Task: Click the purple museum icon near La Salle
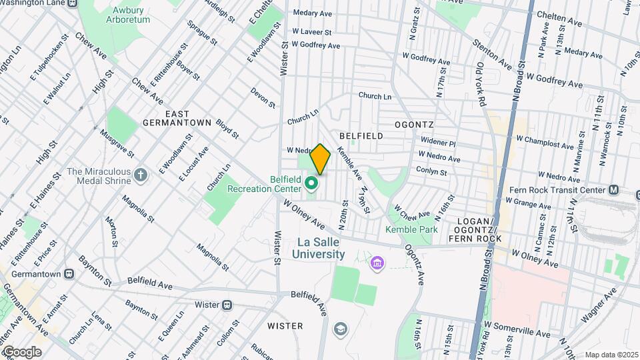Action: (378, 265)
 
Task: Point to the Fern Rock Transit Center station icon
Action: (614, 190)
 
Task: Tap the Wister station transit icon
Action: (227, 305)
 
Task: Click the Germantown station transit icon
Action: (69, 274)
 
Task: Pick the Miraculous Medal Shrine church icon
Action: (140, 175)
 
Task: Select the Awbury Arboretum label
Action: (128, 14)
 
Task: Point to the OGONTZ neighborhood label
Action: (414, 125)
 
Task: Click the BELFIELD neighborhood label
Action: (361, 136)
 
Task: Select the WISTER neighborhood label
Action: (285, 326)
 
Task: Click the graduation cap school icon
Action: (341, 329)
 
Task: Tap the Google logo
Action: (22, 351)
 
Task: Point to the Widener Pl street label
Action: (437, 142)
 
